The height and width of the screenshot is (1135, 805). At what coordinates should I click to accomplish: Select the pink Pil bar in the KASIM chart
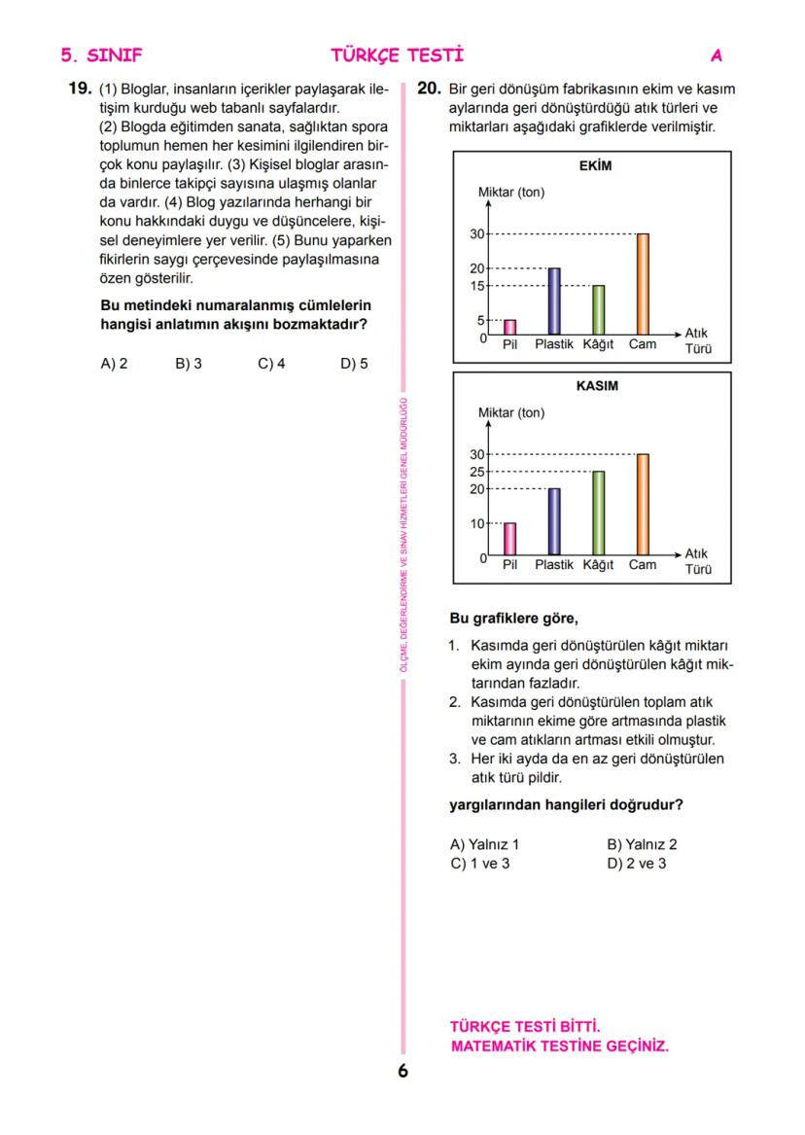coord(509,539)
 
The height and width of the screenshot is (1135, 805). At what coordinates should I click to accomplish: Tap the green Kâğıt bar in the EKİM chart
coord(598,309)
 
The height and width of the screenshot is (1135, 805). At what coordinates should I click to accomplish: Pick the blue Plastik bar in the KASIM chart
coord(554,520)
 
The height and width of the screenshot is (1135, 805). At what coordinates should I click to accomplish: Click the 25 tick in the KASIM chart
coord(476,472)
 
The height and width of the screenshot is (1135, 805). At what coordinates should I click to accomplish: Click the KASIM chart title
coord(597,386)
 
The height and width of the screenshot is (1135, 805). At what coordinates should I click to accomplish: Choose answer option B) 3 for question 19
coord(189,364)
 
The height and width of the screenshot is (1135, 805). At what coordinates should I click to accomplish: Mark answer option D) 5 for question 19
coord(354,364)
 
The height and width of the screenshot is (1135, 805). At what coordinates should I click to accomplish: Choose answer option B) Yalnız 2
coord(642,845)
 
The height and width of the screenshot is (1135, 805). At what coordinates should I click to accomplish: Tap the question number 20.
coord(429,89)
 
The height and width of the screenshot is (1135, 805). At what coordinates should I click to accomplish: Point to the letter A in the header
coord(717,55)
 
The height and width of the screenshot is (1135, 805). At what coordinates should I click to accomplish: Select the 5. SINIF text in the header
coord(101,55)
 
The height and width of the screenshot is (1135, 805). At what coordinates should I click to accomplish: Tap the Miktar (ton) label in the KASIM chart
coord(511,413)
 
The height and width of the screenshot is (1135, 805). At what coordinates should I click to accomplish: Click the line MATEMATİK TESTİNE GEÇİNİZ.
coord(560,1046)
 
